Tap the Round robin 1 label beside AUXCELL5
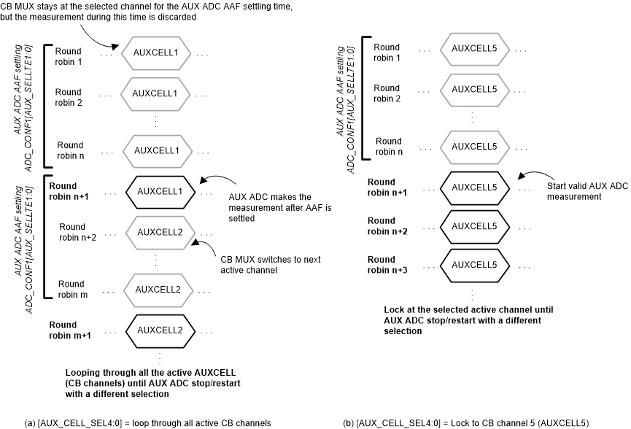(387, 54)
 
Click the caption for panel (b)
(465, 422)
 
